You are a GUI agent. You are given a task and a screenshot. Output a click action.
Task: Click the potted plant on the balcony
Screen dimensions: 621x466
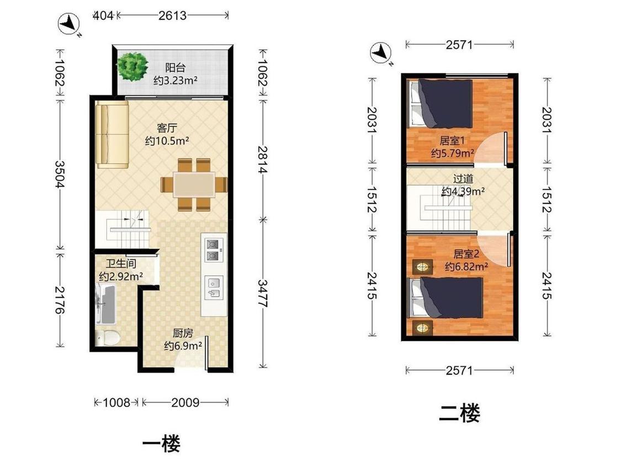pyautogui.click(x=132, y=67)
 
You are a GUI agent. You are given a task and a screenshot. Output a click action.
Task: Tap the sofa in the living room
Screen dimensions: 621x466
pyautogui.click(x=113, y=134)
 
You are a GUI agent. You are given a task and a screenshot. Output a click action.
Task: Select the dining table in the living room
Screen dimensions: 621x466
pyautogui.click(x=194, y=184)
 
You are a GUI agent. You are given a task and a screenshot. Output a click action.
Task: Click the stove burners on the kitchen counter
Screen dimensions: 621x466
pyautogui.click(x=213, y=250)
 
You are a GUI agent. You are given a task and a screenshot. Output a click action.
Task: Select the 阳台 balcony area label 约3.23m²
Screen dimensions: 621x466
pyautogui.click(x=176, y=81)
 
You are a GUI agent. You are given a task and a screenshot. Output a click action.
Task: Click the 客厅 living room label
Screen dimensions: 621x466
pyautogui.click(x=167, y=128)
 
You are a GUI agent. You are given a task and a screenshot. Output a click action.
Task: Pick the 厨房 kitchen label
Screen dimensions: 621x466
pyautogui.click(x=183, y=333)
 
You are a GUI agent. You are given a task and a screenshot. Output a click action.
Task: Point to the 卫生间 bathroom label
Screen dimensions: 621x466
pyautogui.click(x=121, y=263)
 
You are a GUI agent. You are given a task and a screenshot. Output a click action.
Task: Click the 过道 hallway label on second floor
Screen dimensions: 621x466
pyautogui.click(x=463, y=179)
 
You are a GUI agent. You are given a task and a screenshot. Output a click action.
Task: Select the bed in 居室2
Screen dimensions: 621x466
pyautogui.click(x=447, y=298)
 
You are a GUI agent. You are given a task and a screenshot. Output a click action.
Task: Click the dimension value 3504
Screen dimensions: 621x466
pyautogui.click(x=60, y=173)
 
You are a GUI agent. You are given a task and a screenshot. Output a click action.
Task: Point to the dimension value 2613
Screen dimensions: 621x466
pyautogui.click(x=172, y=15)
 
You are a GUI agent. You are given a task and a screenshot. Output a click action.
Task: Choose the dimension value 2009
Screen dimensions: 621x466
pyautogui.click(x=185, y=403)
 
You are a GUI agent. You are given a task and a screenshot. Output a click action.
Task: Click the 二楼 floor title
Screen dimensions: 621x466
pyautogui.click(x=459, y=413)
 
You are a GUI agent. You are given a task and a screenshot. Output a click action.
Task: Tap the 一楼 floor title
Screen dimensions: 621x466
pyautogui.click(x=161, y=443)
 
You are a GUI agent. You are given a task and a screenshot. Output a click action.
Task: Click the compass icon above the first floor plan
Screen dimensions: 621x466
pyautogui.click(x=70, y=24)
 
